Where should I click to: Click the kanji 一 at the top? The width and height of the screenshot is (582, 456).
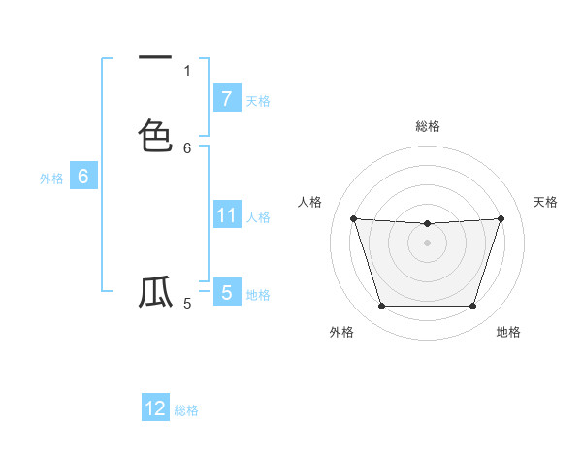pos(155,57)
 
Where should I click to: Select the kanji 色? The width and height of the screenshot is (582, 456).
pos(155,135)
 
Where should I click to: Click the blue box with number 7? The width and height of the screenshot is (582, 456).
pos(226,99)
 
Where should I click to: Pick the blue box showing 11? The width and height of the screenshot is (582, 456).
pos(226,215)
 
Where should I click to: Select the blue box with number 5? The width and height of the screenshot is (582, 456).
pos(226,292)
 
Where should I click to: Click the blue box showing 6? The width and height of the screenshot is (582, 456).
pos(83,177)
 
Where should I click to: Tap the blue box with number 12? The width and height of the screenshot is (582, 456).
pos(155,408)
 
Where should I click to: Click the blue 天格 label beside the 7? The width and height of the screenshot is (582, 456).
pos(258,101)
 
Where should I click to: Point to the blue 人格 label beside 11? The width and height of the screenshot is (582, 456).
pos(259,217)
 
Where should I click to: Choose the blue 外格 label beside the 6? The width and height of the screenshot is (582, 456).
pos(51,179)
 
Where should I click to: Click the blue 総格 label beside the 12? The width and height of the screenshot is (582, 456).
pos(186,410)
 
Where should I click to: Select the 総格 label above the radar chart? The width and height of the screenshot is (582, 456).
pos(428,126)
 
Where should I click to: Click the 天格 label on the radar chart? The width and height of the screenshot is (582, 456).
pos(545,202)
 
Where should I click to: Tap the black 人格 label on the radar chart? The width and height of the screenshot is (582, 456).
pos(310,202)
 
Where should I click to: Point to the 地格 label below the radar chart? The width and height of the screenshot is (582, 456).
pos(508,332)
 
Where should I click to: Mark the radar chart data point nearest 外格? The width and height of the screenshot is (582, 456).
pos(381,307)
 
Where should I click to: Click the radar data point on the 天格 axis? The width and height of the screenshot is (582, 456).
pos(501,218)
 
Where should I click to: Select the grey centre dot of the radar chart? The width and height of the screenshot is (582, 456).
pos(428,243)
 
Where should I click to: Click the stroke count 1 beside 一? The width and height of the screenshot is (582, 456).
pos(187,70)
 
